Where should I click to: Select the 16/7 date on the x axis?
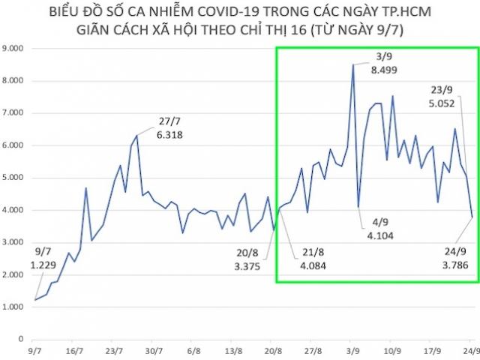pyautogui.click(x=74, y=350)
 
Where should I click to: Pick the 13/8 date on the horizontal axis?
pyautogui.click(x=233, y=350)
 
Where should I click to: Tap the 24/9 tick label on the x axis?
pyautogui.click(x=470, y=350)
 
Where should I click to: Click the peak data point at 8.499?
pyautogui.click(x=352, y=64)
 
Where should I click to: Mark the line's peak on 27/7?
pyautogui.click(x=136, y=136)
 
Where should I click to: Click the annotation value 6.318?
pyautogui.click(x=169, y=135)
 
